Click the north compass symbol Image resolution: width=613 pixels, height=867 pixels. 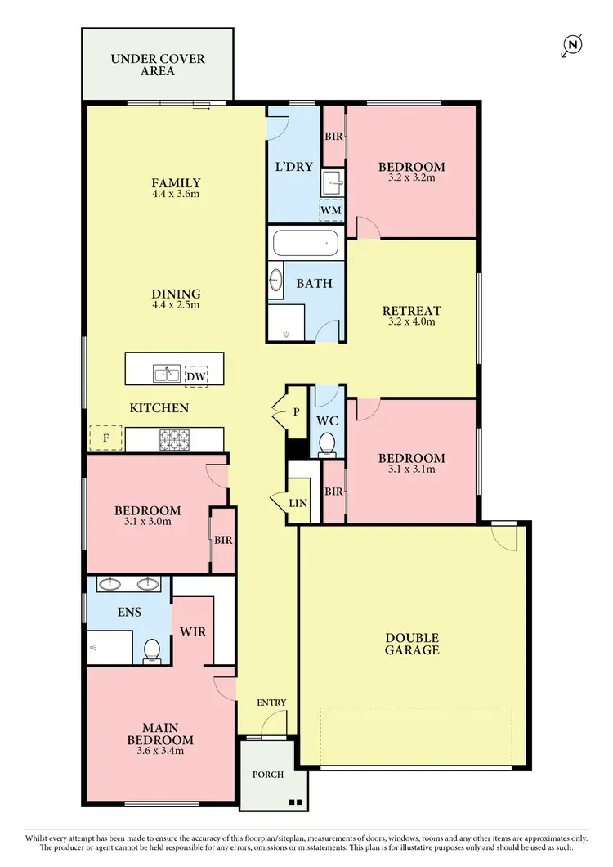point(572,46)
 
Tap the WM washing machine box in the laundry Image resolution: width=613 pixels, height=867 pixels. point(331,210)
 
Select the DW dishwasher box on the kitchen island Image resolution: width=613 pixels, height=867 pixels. point(195,375)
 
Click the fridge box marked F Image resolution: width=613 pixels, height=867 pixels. point(105,438)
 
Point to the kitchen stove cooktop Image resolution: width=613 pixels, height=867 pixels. point(173,440)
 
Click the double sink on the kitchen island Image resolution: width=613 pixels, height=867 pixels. point(168,375)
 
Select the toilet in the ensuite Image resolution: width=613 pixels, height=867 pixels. point(151,650)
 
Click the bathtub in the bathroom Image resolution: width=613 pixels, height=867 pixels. point(304,243)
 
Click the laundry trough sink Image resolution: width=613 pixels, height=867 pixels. point(332,182)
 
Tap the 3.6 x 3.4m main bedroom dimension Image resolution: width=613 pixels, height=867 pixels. point(160,751)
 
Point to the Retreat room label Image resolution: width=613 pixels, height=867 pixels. point(412,311)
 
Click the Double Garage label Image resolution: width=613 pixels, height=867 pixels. point(412,644)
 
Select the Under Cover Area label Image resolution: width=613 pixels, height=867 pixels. point(159,65)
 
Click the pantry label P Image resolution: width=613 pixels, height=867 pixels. point(296,412)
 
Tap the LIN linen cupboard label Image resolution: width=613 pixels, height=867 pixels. point(298,503)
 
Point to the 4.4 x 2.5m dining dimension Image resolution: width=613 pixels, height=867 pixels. point(175,305)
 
